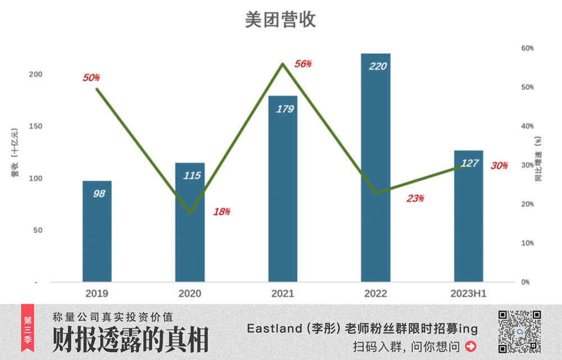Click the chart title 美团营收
(280, 20)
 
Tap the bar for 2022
(375, 168)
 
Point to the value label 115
(192, 176)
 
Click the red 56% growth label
(302, 64)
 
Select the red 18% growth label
(221, 212)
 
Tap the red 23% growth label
(415, 198)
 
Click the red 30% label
(499, 166)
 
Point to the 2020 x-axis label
(190, 293)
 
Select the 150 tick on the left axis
(35, 126)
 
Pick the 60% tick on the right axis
(527, 48)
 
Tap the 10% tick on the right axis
(527, 243)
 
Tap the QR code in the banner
(519, 331)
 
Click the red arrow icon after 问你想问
(470, 346)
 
